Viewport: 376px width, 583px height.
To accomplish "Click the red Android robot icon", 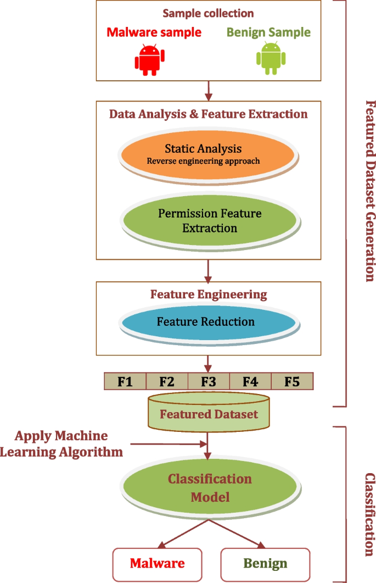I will pyautogui.click(x=150, y=59).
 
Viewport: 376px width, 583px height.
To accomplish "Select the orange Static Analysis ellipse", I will pyautogui.click(x=208, y=154).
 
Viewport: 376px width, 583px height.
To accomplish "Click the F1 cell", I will pyautogui.click(x=125, y=381).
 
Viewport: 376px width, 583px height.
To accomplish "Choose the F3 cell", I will pyautogui.click(x=209, y=381).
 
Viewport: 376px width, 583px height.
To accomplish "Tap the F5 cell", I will pyautogui.click(x=292, y=381).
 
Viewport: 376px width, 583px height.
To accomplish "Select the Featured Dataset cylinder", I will pyautogui.click(x=209, y=412).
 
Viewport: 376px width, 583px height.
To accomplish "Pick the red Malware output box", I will pyautogui.click(x=157, y=563).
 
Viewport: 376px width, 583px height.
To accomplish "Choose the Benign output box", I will pyautogui.click(x=265, y=563).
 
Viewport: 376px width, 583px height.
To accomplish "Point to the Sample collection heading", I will pyautogui.click(x=208, y=13).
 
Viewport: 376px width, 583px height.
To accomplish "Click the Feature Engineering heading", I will pyautogui.click(x=209, y=295).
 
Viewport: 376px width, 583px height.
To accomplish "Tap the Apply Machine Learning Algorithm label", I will pyautogui.click(x=61, y=444).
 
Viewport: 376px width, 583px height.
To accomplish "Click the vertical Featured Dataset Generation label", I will pyautogui.click(x=369, y=191).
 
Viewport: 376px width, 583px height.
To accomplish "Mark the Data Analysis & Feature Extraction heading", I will pyautogui.click(x=208, y=114).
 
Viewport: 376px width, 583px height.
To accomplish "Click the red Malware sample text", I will pyautogui.click(x=154, y=32).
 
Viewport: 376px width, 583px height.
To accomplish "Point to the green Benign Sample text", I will pyautogui.click(x=268, y=32).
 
